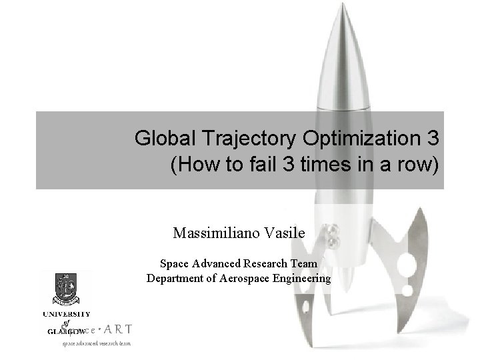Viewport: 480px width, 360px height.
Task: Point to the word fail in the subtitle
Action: click(269, 165)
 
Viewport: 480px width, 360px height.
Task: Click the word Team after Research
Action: click(305, 264)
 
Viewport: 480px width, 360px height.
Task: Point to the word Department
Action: click(175, 279)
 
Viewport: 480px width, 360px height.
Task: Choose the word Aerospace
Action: click(245, 279)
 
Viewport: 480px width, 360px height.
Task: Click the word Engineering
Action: click(301, 279)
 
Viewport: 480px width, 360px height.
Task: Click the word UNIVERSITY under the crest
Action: click(67, 314)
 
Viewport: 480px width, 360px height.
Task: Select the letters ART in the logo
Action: click(119, 329)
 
